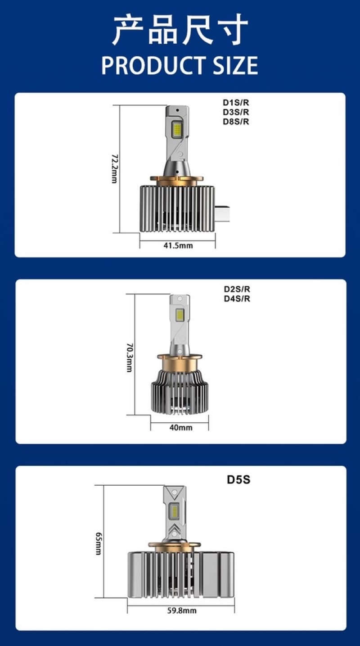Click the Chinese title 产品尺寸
coord(180,31)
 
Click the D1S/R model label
coord(236,102)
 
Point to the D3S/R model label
coord(236,112)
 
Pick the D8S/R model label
coord(236,121)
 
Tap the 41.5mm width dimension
coord(178,245)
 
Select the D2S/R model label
coord(237,289)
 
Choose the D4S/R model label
coord(237,298)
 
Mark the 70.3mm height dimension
coord(129,358)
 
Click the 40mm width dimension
coord(180,427)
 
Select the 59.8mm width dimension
coord(181,611)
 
